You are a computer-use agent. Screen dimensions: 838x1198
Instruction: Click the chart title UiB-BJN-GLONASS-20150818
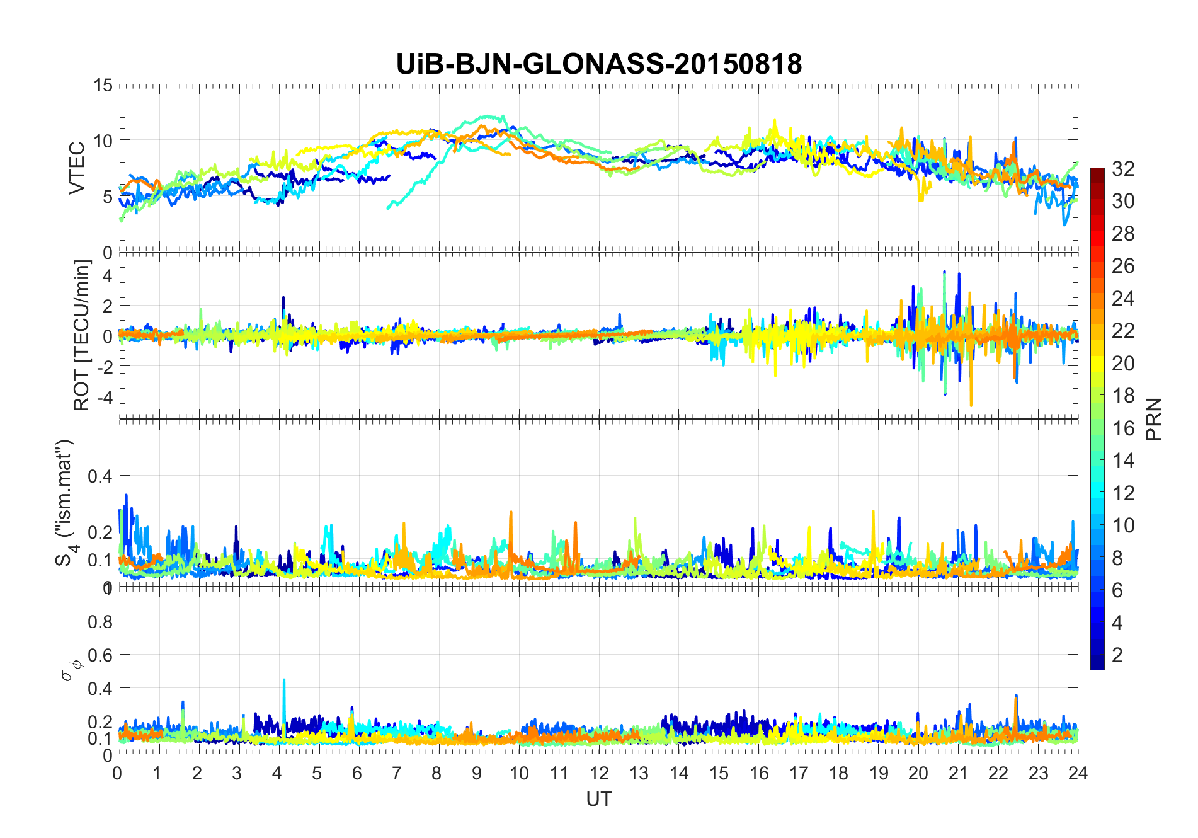598,64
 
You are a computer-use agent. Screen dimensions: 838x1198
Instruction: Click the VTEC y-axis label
77,168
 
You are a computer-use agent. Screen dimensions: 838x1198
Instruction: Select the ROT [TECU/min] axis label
82,335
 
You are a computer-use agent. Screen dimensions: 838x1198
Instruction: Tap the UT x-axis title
598,799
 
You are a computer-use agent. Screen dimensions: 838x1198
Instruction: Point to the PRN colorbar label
1154,419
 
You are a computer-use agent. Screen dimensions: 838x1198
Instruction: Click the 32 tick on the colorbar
1123,169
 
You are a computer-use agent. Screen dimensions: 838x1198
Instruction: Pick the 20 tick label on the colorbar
1123,364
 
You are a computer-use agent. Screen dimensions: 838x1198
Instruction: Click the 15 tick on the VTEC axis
103,86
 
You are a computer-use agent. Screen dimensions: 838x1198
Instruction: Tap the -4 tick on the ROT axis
102,397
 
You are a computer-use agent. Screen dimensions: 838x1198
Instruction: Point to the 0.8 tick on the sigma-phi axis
101,622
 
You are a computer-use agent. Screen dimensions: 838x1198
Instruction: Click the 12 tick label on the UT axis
598,773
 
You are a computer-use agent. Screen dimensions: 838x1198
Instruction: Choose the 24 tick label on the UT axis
1078,773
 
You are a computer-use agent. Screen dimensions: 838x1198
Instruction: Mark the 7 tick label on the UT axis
397,773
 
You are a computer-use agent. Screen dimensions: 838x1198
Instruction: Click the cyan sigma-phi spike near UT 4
284,680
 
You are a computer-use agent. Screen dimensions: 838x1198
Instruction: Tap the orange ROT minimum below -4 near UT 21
971,405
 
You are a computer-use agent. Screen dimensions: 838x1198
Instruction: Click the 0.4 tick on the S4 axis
101,476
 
